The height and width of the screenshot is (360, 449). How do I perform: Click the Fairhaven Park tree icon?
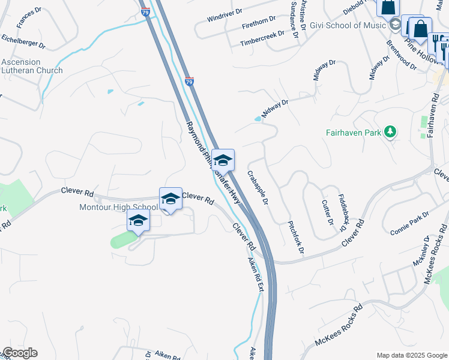coord(391,131)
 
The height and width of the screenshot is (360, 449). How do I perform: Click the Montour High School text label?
coord(119,208)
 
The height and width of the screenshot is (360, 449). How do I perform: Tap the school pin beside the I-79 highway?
coord(223,160)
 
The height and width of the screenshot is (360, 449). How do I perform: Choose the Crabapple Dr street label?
coord(258,188)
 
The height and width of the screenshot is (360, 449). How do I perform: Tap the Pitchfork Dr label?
coord(297,231)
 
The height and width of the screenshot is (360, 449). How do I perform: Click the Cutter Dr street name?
coord(327,212)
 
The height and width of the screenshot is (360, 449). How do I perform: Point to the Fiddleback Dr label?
coord(343,212)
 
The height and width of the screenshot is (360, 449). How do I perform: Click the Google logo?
coord(19,353)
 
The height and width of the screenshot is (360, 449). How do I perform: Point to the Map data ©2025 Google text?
coord(411,355)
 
